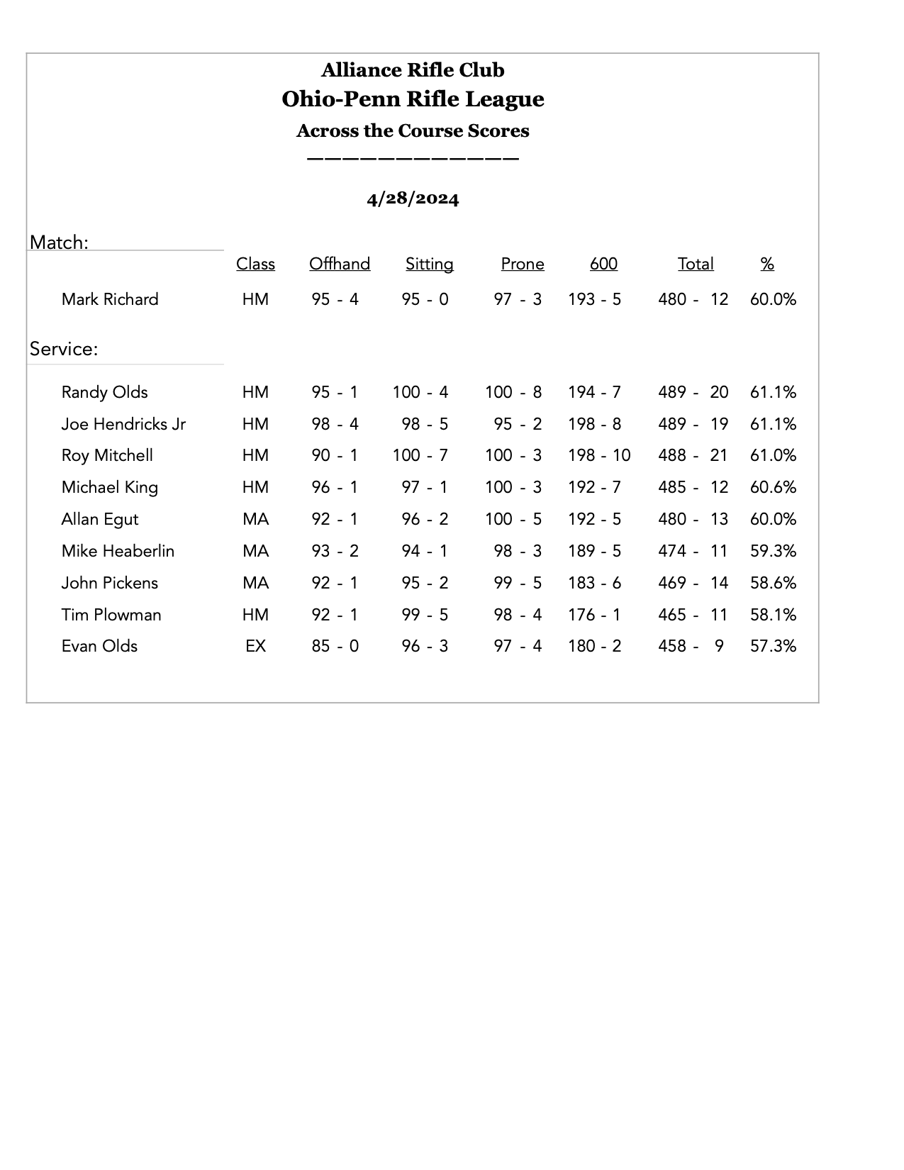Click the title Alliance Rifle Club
click(x=413, y=70)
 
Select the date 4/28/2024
click(x=413, y=199)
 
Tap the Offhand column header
click(x=340, y=264)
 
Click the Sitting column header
click(x=429, y=264)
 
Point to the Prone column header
click(x=523, y=264)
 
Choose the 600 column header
click(x=603, y=264)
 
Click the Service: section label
click(x=64, y=349)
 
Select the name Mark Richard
click(x=110, y=299)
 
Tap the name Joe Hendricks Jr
click(x=123, y=424)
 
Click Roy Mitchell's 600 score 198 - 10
click(x=599, y=455)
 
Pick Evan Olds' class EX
click(x=255, y=646)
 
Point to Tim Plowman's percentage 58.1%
click(x=773, y=615)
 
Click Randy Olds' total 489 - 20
click(x=693, y=392)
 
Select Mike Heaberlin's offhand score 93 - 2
click(x=335, y=551)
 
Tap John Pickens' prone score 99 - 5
click(x=518, y=583)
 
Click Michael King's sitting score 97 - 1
click(x=425, y=487)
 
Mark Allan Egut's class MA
click(x=255, y=519)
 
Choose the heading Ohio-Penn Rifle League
click(x=413, y=99)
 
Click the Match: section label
click(x=59, y=243)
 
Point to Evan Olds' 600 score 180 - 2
click(x=594, y=646)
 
